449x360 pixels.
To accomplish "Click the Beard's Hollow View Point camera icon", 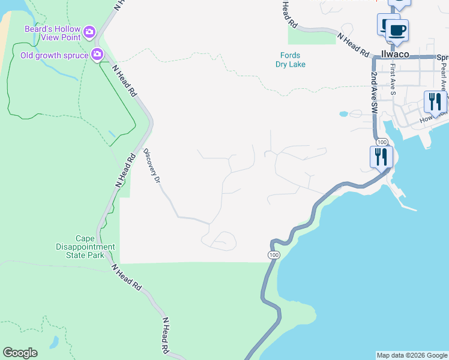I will tap(89, 31).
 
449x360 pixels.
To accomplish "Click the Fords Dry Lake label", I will tap(293, 60).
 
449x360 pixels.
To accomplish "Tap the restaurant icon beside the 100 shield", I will tap(381, 157).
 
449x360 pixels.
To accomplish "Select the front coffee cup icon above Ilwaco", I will tap(397, 29).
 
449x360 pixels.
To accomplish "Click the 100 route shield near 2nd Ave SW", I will tap(382, 142).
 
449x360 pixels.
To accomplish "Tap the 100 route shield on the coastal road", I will tap(274, 255).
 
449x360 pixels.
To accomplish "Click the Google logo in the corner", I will tap(20, 353).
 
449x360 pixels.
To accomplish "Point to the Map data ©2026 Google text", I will tap(412, 355).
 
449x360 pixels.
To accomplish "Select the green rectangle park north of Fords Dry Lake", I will tap(312, 36).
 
